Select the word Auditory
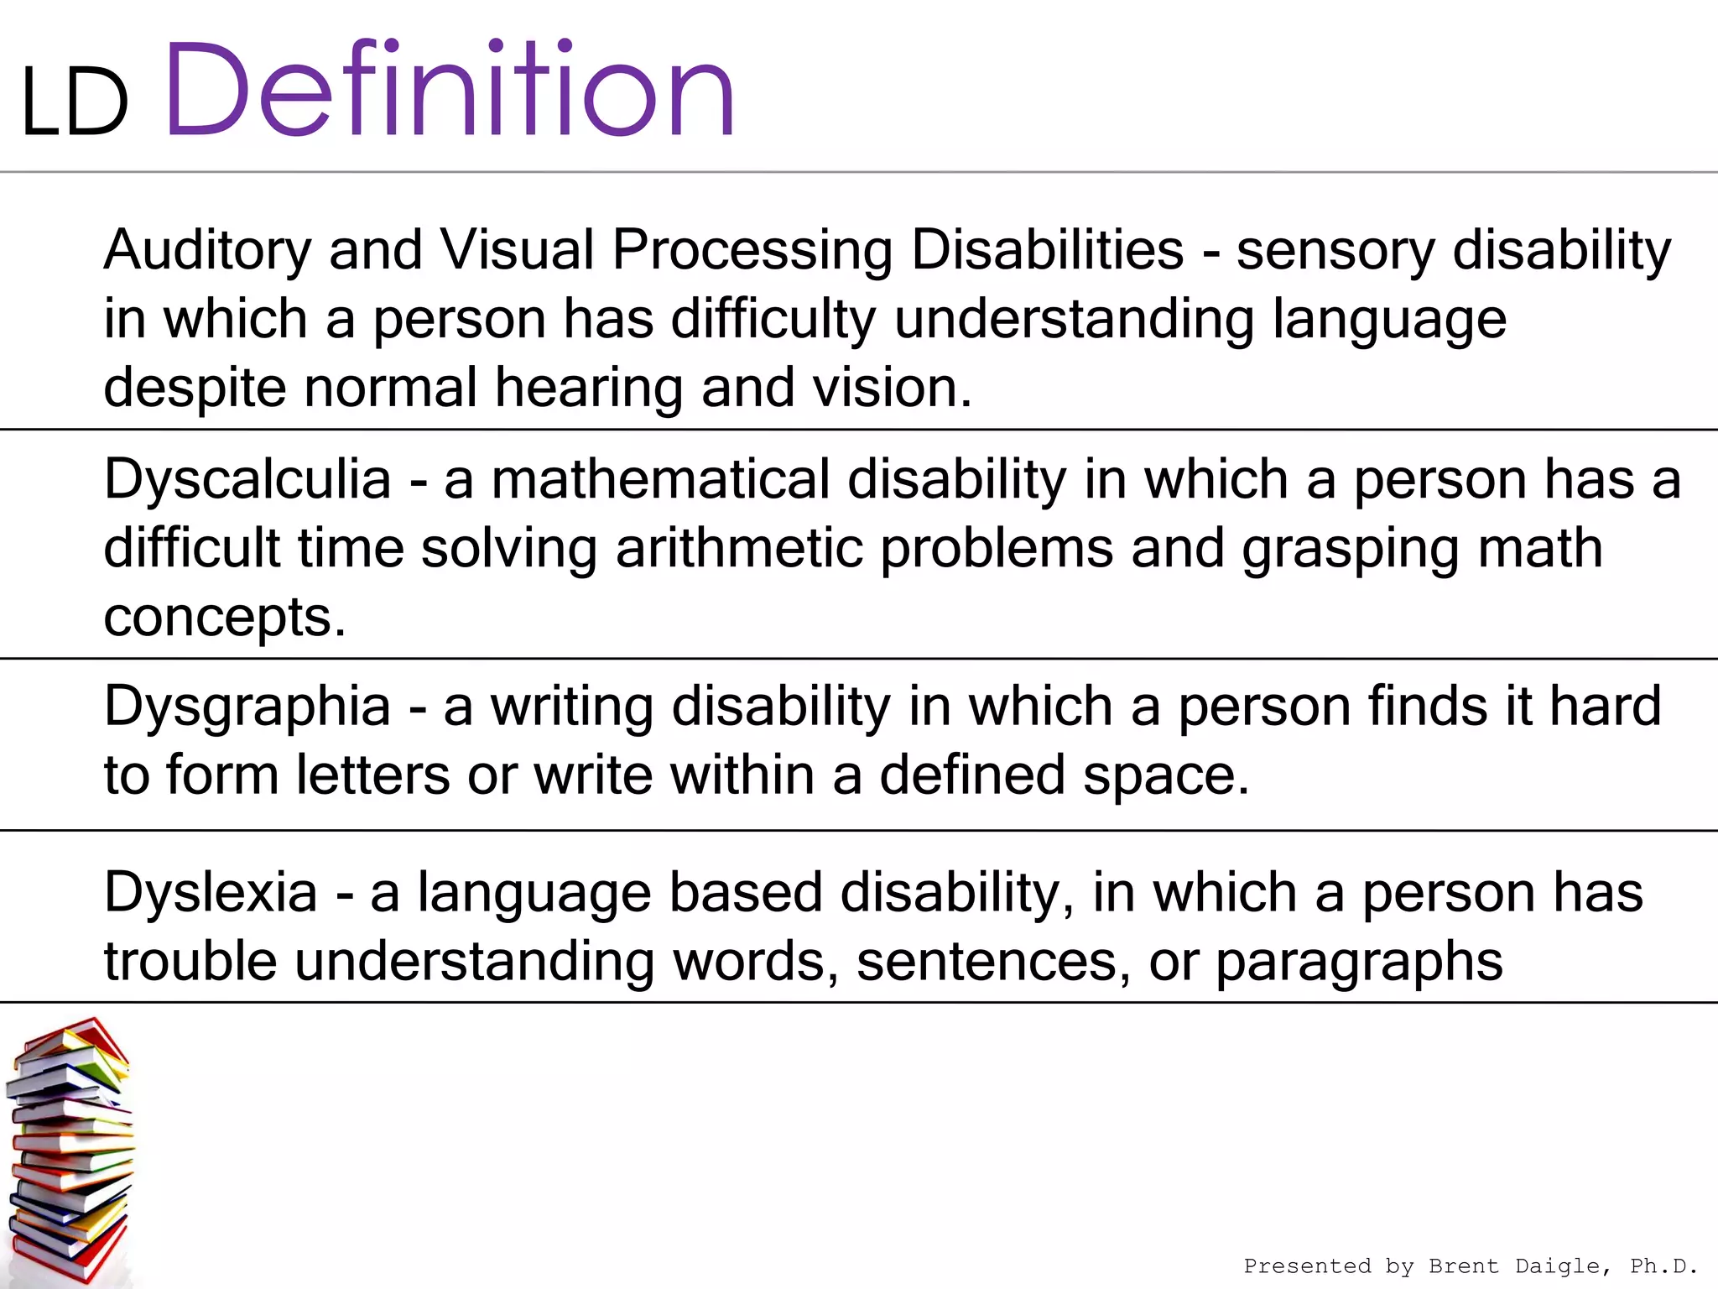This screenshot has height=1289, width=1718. (x=207, y=251)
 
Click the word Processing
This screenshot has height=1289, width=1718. (x=752, y=251)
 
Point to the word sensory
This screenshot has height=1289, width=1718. (x=1335, y=251)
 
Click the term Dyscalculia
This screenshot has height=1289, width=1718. (x=247, y=480)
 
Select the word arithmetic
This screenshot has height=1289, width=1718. (x=739, y=549)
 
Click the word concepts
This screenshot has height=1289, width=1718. (x=224, y=618)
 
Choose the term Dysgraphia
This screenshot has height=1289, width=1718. (x=247, y=707)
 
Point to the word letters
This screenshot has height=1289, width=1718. (x=372, y=775)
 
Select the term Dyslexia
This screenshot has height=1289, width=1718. (x=211, y=892)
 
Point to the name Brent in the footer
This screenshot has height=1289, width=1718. (x=1463, y=1266)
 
